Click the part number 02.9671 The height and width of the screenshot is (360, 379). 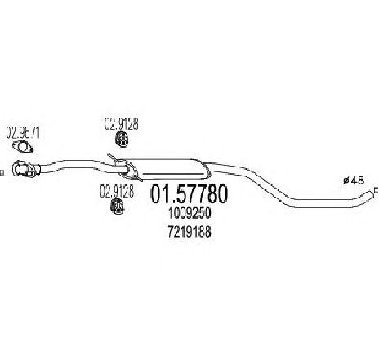[23, 133]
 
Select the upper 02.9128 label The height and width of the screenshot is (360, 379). [122, 124]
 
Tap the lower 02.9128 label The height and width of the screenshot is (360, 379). [117, 191]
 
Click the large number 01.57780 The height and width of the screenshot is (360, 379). [189, 193]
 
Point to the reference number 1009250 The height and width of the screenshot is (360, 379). [189, 214]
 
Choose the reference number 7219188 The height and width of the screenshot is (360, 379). [189, 232]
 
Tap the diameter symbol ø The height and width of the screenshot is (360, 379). [346, 181]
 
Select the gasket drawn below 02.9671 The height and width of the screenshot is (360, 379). [23, 147]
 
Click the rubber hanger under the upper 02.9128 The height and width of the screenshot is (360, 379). [121, 139]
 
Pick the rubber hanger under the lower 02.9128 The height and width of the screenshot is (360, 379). [117, 206]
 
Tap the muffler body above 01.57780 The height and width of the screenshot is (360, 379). [173, 169]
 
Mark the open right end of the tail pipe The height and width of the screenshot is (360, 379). [371, 194]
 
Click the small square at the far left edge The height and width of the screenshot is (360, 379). [2, 173]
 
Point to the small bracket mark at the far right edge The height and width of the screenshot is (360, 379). [376, 190]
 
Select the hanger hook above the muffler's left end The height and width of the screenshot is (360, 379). [112, 158]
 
